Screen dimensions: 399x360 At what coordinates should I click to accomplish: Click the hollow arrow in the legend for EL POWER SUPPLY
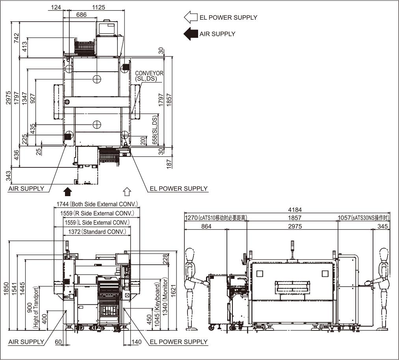pyautogui.click(x=191, y=17)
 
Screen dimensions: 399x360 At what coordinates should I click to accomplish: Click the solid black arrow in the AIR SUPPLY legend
pyautogui.click(x=191, y=33)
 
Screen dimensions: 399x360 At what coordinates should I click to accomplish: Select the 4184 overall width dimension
pyautogui.click(x=295, y=210)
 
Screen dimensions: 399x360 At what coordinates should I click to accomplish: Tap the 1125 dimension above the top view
pyautogui.click(x=98, y=7)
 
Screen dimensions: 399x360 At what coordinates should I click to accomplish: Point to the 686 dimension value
pyautogui.click(x=82, y=15)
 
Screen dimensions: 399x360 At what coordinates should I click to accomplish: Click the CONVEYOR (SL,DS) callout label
pyautogui.click(x=149, y=76)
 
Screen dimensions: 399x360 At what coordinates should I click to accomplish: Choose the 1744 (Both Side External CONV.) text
pyautogui.click(x=97, y=204)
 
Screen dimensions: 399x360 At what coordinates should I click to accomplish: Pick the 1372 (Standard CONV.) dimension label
pyautogui.click(x=97, y=232)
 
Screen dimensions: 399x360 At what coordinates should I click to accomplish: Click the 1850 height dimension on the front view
pyautogui.click(x=6, y=289)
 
